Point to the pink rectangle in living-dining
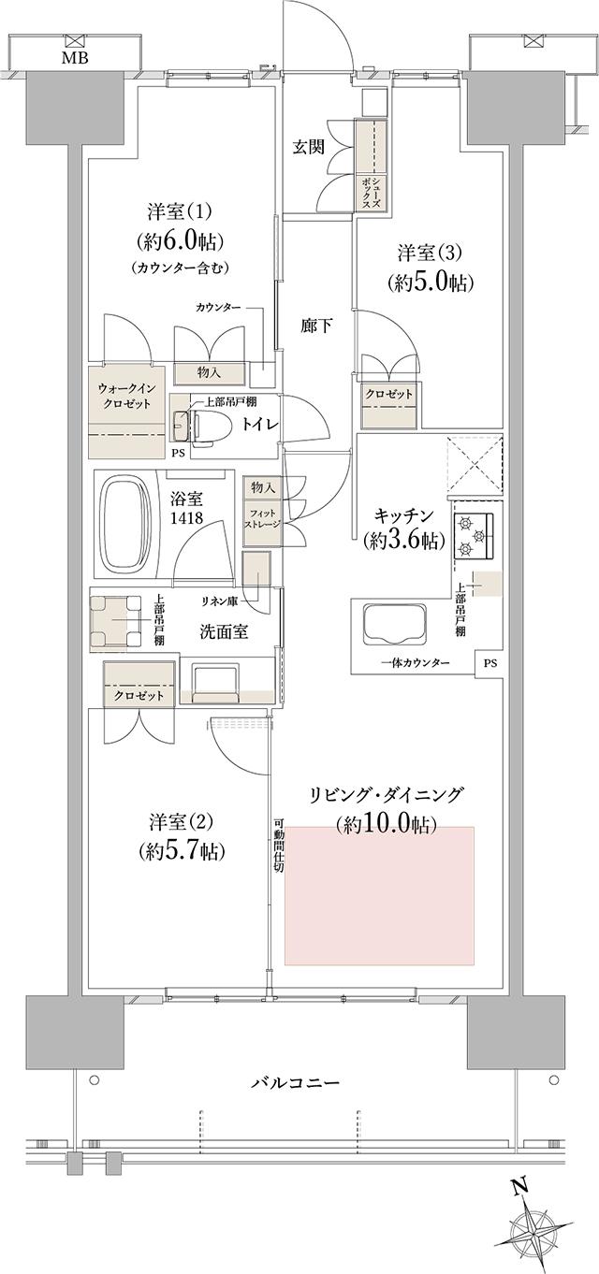point(380,895)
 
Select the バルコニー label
point(295,1082)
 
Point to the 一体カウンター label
point(416,663)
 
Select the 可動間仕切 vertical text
point(278,847)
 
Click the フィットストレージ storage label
point(262,519)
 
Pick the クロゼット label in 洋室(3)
point(388,394)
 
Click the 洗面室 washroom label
point(224,631)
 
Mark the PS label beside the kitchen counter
point(490,663)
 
